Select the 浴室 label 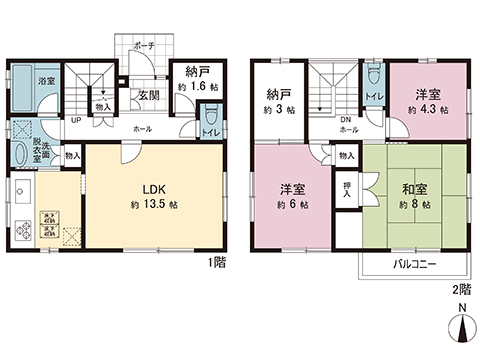coord(46,80)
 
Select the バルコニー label coord(413,262)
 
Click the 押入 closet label coord(345,189)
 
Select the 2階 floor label coord(459,285)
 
